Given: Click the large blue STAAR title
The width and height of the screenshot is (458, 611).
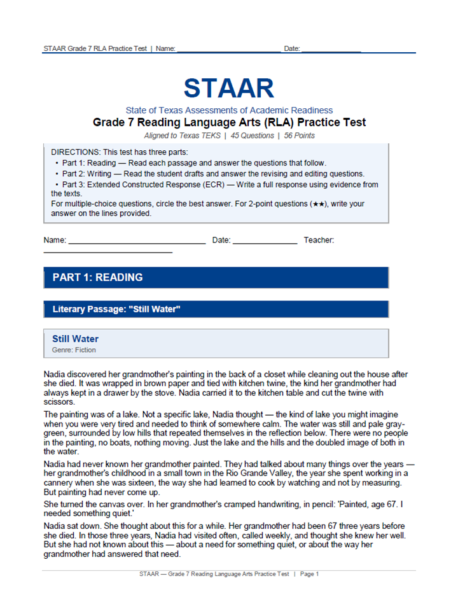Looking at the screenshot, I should click(x=229, y=88).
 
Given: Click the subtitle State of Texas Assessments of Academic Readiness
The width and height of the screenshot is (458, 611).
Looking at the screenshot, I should click(x=229, y=110).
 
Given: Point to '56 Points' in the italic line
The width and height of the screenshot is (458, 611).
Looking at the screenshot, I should click(x=300, y=136).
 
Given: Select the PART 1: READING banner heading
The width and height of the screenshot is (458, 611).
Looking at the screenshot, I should click(x=97, y=277).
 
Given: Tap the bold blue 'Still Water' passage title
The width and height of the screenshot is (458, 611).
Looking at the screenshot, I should click(x=75, y=339).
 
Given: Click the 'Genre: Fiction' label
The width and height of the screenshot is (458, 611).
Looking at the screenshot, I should click(x=74, y=349).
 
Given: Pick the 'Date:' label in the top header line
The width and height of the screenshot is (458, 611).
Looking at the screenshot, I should click(x=292, y=48).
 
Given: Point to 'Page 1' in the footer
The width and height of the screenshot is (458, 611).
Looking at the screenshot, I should click(x=309, y=574).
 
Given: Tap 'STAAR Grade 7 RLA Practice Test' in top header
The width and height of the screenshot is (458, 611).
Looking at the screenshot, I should click(x=95, y=48).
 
